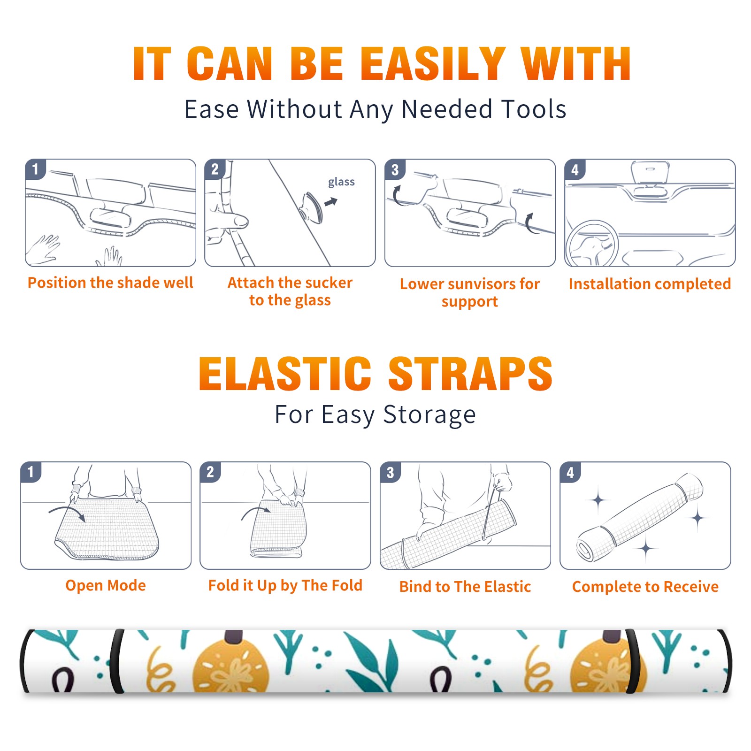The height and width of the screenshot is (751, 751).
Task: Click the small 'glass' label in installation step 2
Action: click(x=341, y=182)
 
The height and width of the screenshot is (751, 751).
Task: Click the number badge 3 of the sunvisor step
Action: click(x=395, y=169)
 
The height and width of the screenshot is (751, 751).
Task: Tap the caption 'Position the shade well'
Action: click(x=110, y=283)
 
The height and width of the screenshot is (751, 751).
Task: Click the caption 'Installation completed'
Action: click(x=650, y=284)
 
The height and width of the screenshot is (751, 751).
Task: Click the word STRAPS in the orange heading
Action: click(x=470, y=374)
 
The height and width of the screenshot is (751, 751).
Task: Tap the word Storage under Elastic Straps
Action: click(x=429, y=415)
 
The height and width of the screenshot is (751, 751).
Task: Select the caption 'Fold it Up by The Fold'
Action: click(x=285, y=586)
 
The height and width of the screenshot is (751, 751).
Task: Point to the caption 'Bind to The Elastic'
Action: click(x=465, y=587)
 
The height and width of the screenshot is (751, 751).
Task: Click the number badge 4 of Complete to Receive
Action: click(x=570, y=472)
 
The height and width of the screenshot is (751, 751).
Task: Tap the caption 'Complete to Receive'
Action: click(x=645, y=587)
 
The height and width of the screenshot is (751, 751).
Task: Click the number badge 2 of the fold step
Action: click(x=210, y=472)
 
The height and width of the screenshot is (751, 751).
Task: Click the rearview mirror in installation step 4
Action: click(x=650, y=173)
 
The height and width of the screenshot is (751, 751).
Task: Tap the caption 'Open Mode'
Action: click(x=106, y=586)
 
